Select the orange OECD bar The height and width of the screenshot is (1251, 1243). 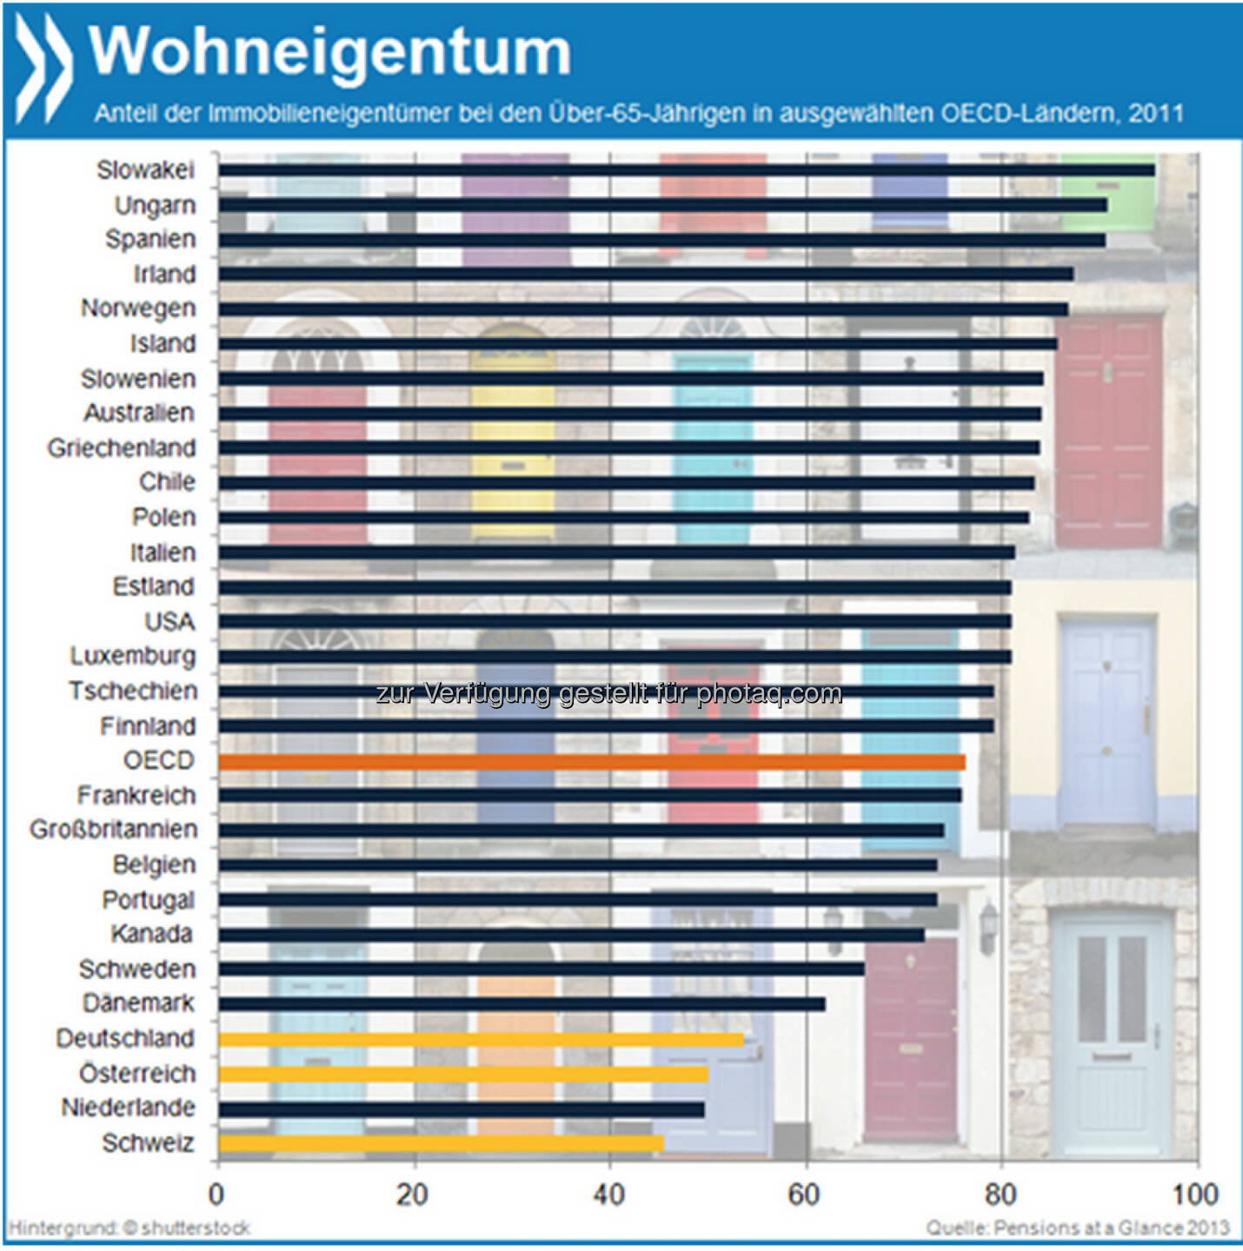point(591,762)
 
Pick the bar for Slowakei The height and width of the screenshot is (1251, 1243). point(687,170)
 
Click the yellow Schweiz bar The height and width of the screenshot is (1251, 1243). point(441,1143)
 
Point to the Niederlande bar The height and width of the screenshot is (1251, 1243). point(461,1109)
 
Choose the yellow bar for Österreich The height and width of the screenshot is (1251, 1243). point(463,1075)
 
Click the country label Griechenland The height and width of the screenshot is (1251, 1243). point(122,448)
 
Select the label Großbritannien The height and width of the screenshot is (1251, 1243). point(114,830)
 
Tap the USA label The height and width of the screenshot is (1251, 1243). point(170,622)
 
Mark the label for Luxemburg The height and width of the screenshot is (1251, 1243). point(133,656)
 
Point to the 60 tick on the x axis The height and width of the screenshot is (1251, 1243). point(804,1195)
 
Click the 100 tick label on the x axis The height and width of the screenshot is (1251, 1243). point(1195,1195)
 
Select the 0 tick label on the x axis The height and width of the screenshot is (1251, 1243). point(216,1195)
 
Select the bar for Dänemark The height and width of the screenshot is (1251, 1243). point(522,1004)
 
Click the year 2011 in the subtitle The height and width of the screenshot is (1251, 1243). point(1156,114)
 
